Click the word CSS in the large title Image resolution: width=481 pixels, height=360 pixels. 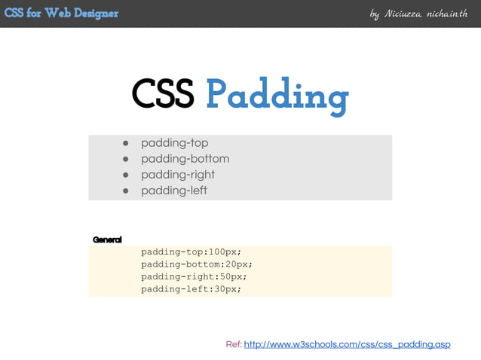tap(162, 95)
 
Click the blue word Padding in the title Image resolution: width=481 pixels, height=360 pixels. tap(277, 96)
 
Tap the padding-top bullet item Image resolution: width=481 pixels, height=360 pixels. tap(174, 143)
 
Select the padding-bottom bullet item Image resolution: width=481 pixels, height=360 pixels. tap(185, 159)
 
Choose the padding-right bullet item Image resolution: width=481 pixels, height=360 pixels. tap(178, 175)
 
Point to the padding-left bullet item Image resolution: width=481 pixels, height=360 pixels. tap(173, 191)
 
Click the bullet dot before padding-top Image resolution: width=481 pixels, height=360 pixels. tap(127, 143)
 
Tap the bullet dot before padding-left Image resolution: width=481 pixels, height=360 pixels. tap(127, 191)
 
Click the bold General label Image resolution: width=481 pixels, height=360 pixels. tap(107, 239)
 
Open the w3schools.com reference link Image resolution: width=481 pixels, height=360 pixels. tap(347, 345)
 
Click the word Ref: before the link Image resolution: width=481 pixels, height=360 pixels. tap(234, 345)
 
